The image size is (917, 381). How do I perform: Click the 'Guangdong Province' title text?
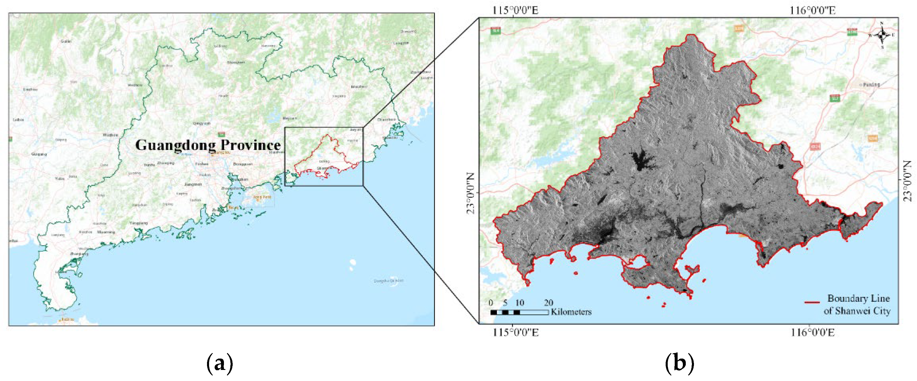(208, 145)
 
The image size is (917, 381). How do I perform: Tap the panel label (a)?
(220, 363)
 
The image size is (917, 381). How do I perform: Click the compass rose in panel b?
(882, 35)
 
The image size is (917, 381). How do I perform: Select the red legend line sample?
(812, 302)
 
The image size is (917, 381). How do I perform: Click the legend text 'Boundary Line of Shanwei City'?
(857, 304)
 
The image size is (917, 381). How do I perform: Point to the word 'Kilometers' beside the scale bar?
(571, 312)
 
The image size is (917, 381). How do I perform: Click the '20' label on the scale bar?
(548, 303)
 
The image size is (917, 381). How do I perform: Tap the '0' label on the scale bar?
(491, 303)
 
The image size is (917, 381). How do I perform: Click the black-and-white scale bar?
(519, 312)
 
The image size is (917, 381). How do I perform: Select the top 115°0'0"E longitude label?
(515, 10)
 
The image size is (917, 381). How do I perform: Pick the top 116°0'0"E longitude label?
(812, 10)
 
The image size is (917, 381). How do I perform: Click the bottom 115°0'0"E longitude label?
(515, 332)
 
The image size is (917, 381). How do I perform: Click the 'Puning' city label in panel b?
(871, 85)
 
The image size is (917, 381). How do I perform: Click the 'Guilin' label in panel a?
(66, 41)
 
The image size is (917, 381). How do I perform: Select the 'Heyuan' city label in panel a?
(290, 118)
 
